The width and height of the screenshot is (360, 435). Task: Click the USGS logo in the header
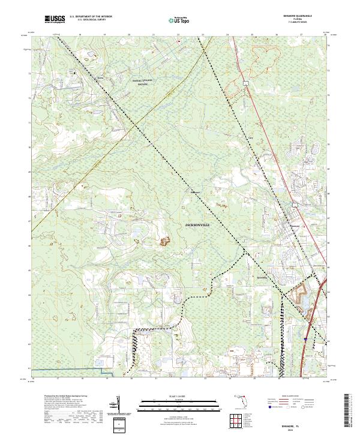pyautogui.click(x=55, y=19)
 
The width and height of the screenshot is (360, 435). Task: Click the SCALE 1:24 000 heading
pyautogui.click(x=179, y=397)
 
